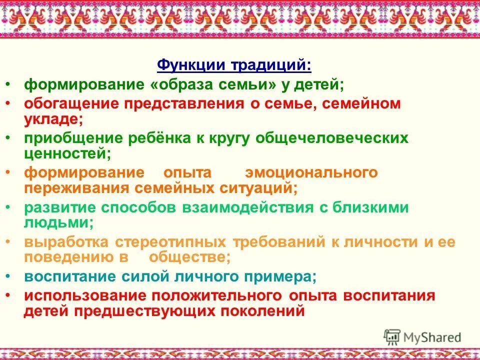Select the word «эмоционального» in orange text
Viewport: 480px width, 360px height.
click(x=311, y=173)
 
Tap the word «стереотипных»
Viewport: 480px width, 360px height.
click(x=171, y=242)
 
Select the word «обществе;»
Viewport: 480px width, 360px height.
click(x=190, y=257)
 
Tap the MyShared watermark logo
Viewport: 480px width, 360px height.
click(x=422, y=336)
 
